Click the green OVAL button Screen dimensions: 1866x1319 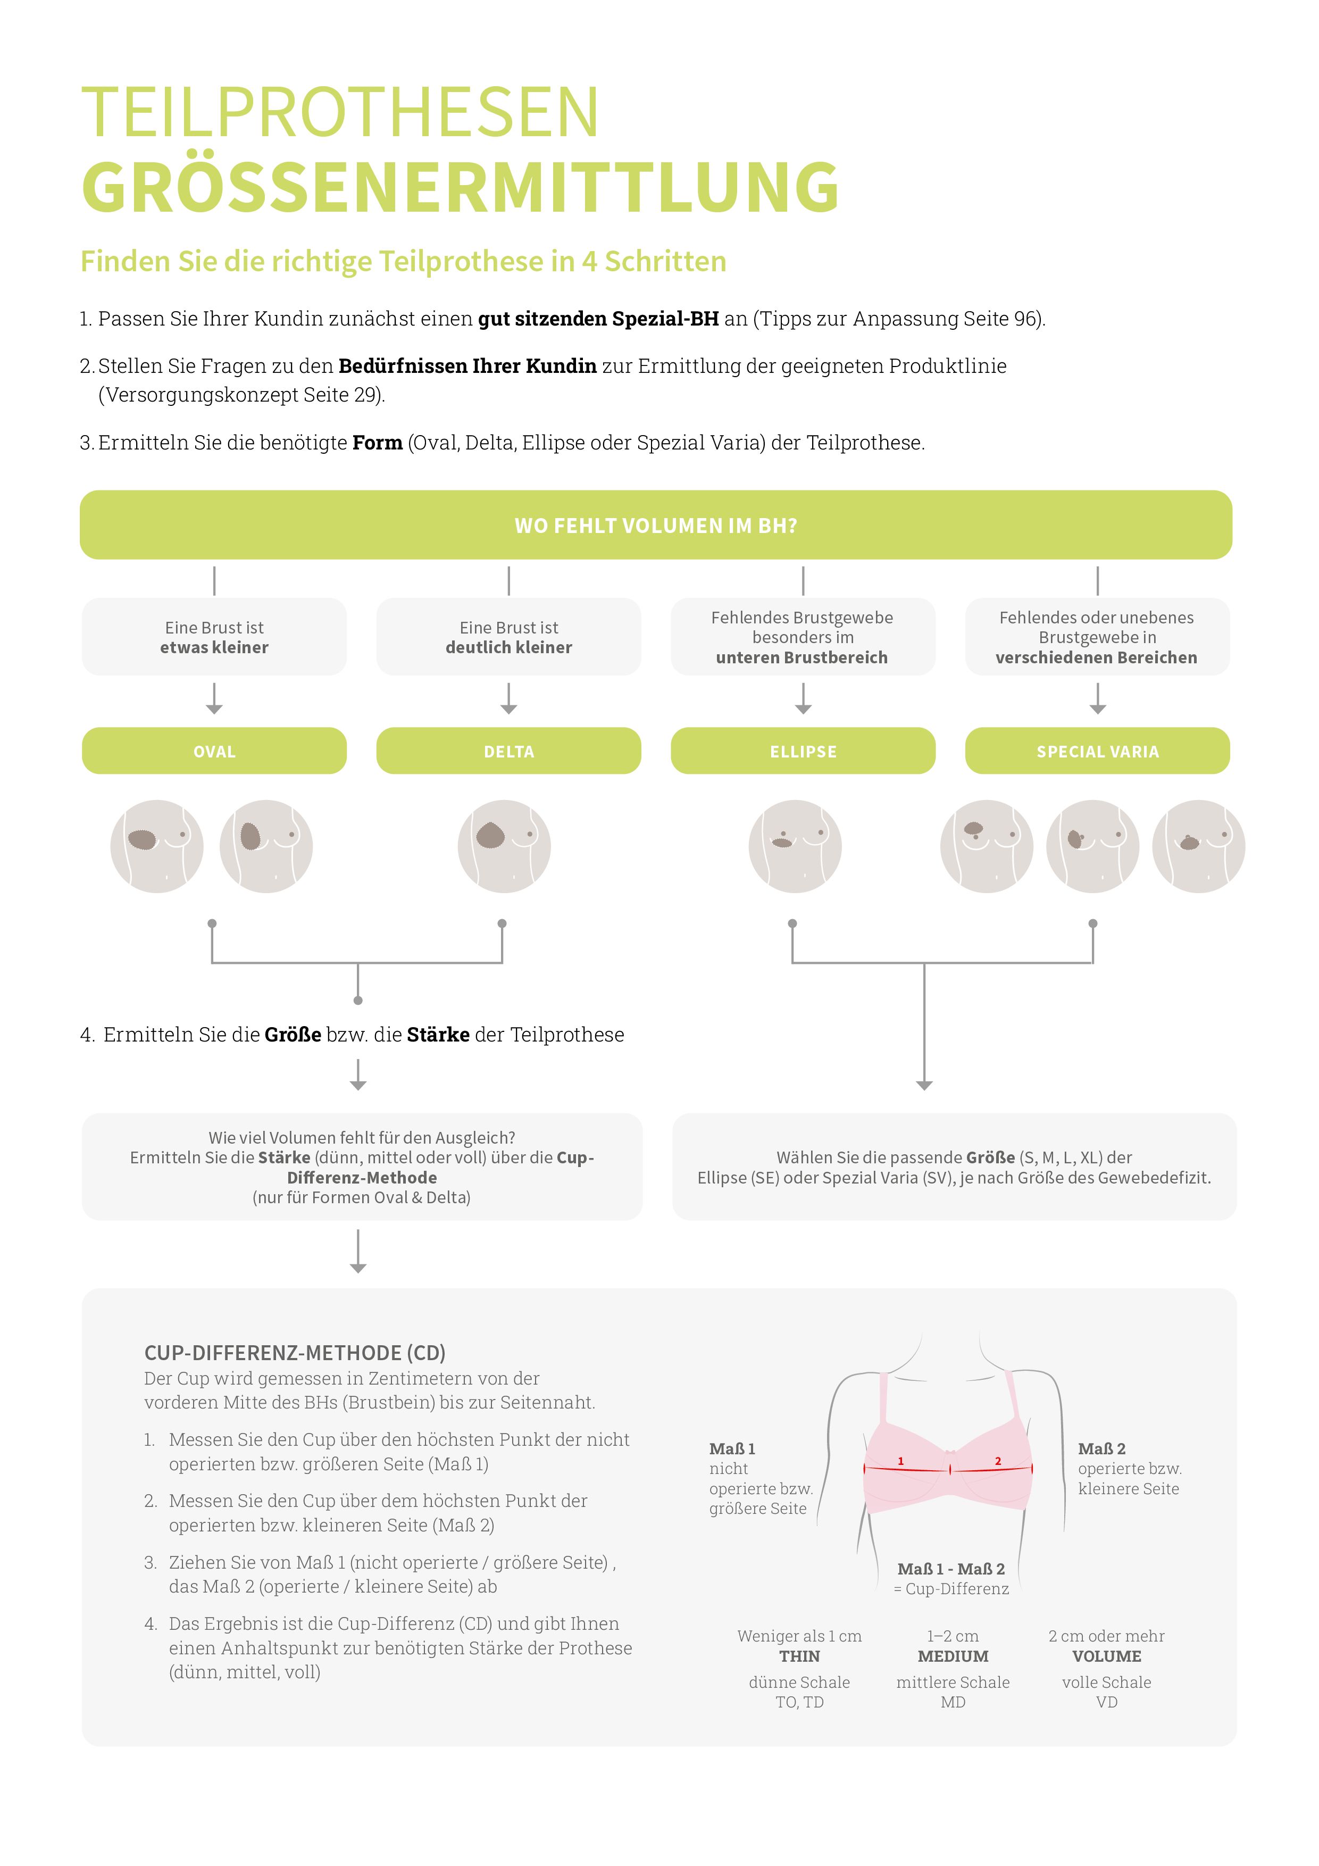pos(214,751)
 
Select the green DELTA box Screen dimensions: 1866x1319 pos(509,751)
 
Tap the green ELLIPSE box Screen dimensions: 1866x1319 pos(803,751)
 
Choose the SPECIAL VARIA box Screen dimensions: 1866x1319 pos(1097,751)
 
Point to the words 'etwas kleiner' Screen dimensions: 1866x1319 pos(214,648)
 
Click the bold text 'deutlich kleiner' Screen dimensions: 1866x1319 pos(509,648)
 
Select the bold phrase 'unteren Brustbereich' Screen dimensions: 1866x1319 pos(802,657)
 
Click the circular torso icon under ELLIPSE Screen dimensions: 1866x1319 pos(795,846)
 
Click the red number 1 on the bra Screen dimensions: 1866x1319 pos(900,1461)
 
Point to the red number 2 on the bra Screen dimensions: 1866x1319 pos(998,1461)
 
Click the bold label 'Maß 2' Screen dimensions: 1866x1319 pos(1101,1449)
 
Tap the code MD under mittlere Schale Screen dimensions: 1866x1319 pos(953,1702)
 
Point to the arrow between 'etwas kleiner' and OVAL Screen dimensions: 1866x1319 pos(214,699)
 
